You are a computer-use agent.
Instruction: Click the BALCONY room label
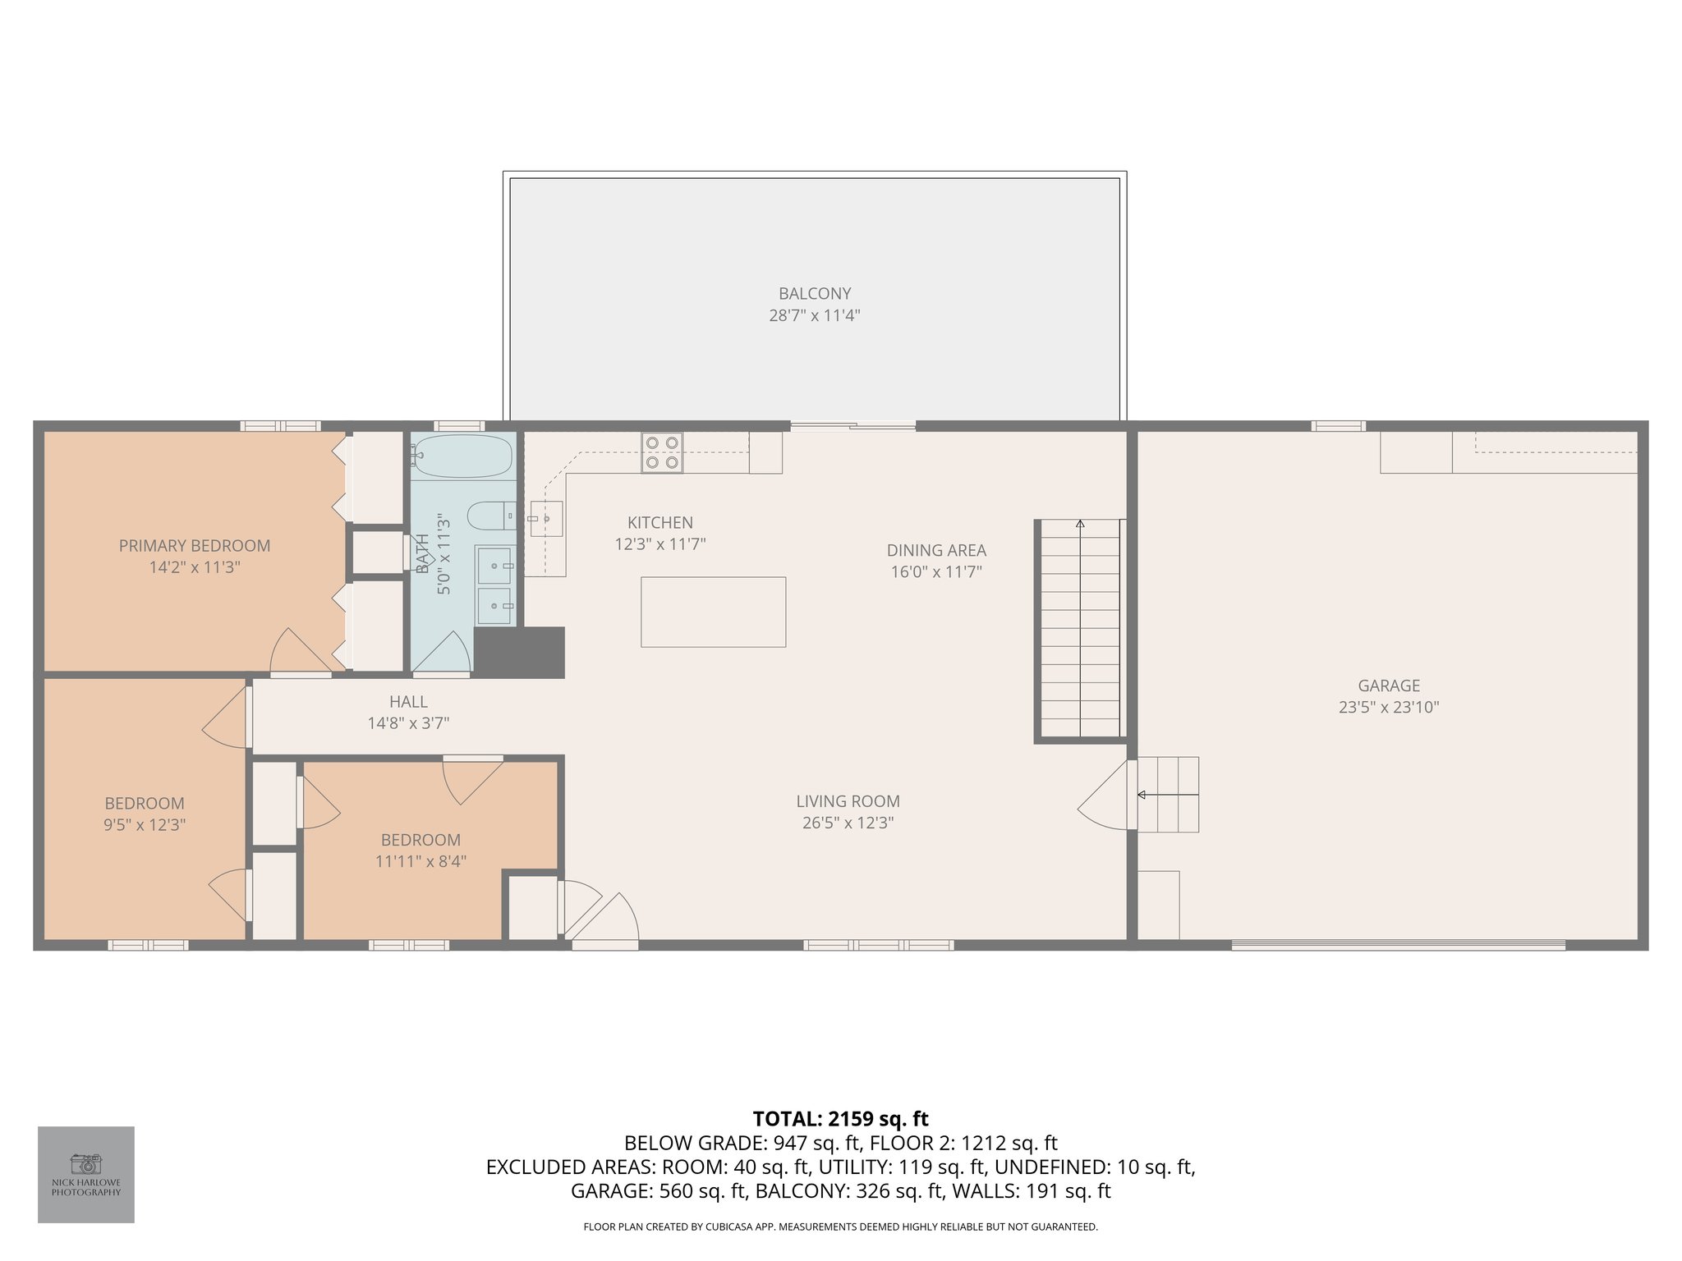click(814, 293)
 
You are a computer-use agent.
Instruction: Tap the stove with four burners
click(662, 452)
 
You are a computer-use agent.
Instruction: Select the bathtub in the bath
click(463, 456)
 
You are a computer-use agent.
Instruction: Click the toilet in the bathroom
click(491, 516)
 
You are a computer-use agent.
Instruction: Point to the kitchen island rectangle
click(713, 612)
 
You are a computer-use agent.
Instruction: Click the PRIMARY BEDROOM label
click(195, 546)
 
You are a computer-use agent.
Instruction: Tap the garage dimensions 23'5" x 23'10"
click(1388, 707)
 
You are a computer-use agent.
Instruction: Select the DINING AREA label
click(936, 551)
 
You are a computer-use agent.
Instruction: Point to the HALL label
click(408, 702)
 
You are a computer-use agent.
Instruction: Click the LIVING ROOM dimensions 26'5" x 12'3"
click(848, 823)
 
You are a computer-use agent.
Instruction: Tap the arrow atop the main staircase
click(1080, 524)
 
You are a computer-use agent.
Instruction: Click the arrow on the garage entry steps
click(1142, 795)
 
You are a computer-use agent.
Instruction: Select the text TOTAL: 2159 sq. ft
click(840, 1119)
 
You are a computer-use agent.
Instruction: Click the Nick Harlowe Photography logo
click(86, 1174)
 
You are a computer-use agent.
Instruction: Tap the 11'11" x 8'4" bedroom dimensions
click(420, 861)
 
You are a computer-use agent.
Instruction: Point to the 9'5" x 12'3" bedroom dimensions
click(145, 825)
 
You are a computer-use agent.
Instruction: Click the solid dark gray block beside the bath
click(520, 653)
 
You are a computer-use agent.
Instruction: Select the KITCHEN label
click(659, 523)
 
